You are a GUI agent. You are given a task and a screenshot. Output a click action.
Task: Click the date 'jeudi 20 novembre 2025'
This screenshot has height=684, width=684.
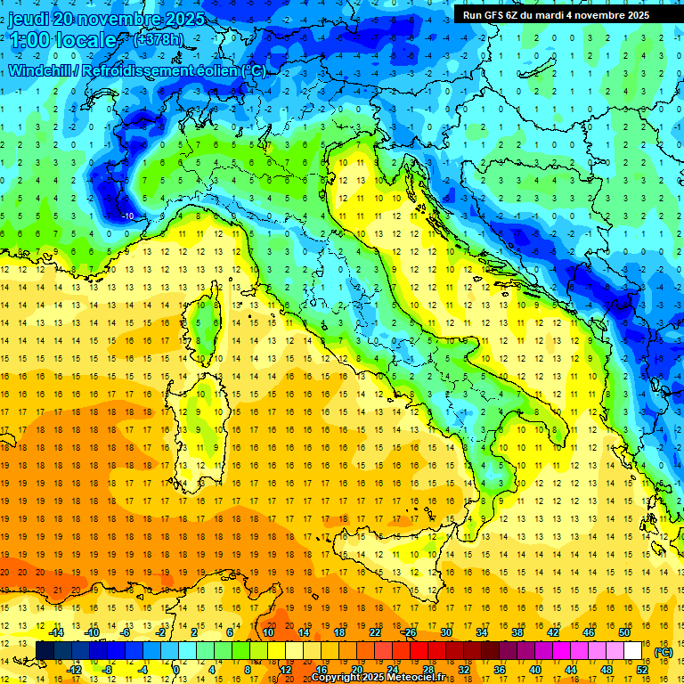point(107,19)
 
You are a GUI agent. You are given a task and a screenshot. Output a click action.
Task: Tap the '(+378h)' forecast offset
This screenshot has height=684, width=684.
point(159,40)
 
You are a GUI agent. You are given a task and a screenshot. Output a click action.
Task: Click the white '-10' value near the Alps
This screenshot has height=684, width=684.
point(128,216)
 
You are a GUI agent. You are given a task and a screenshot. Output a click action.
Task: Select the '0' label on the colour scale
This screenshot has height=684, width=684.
point(176,669)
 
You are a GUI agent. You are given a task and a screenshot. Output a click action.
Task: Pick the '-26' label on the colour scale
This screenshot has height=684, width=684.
point(409,632)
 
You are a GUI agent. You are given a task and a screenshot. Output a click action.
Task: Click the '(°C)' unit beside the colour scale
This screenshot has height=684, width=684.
point(663,651)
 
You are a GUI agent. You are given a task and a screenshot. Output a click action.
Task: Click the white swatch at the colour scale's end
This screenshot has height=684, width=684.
point(632,650)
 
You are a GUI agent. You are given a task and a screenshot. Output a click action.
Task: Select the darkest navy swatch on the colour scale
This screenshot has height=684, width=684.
point(45,650)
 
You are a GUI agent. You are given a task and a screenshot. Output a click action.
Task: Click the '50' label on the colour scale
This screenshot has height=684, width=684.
point(623,632)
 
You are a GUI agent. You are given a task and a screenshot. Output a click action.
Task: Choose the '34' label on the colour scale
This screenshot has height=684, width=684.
point(481,632)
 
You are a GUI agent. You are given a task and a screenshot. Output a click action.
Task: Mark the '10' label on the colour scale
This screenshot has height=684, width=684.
point(267,632)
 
